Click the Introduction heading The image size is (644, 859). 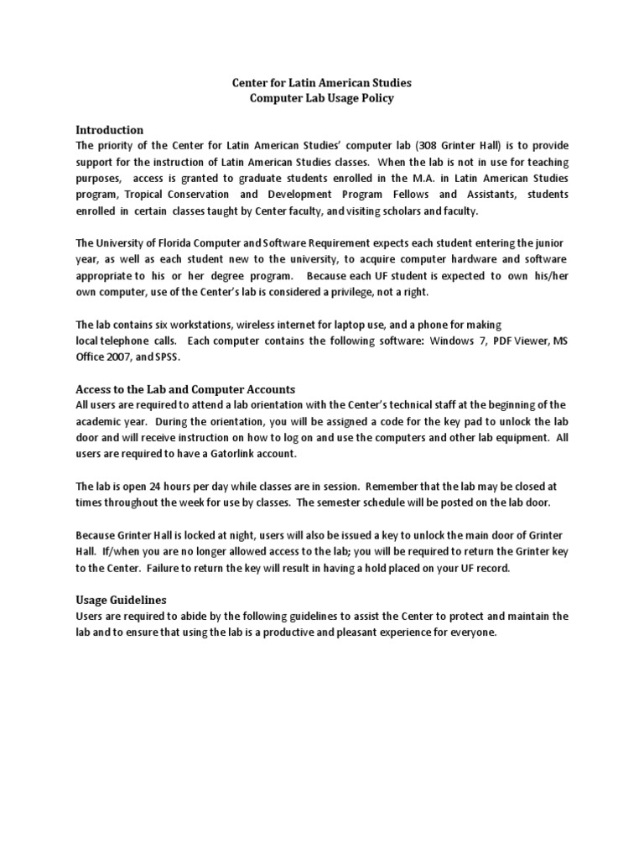110,130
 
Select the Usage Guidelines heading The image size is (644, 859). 122,600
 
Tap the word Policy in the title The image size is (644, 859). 351,98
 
